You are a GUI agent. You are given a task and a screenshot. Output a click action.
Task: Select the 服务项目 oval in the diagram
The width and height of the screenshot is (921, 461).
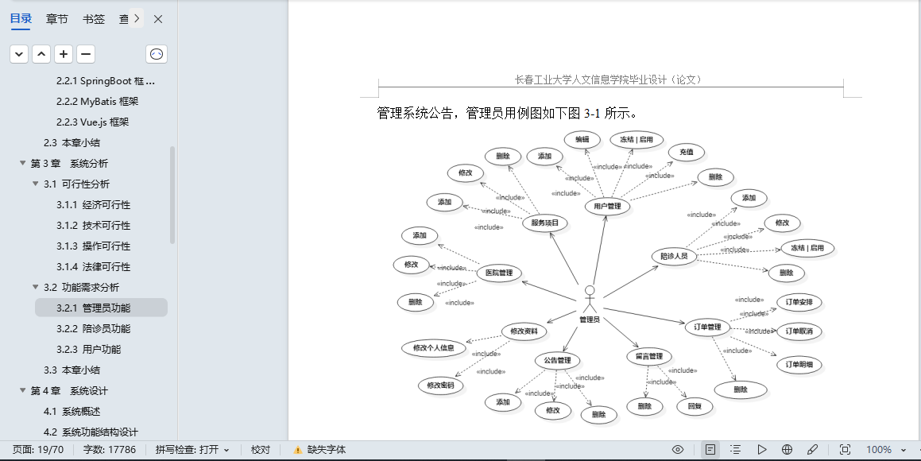coord(545,223)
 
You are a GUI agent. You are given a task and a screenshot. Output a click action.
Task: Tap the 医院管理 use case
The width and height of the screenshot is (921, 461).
coord(499,273)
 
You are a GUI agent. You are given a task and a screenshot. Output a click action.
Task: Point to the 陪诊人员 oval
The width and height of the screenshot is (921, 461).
coord(674,256)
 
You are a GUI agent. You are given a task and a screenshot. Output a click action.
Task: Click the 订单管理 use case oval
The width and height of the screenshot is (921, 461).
coord(707,327)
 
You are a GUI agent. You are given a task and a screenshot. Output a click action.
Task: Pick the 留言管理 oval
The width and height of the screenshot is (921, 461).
coord(649,356)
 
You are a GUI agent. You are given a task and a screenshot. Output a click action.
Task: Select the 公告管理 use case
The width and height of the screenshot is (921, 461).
coord(557,361)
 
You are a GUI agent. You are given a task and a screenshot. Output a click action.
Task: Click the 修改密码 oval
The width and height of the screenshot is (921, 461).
coord(440,385)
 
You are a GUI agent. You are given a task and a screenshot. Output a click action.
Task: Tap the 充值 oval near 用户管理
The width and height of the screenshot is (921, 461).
coord(686,152)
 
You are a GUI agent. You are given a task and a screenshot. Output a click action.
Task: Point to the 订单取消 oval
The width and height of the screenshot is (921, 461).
coord(799,331)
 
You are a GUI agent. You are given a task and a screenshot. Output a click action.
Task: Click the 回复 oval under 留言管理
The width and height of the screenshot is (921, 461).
coord(695,406)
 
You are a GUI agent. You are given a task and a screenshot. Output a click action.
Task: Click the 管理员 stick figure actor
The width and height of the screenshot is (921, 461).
coord(589,298)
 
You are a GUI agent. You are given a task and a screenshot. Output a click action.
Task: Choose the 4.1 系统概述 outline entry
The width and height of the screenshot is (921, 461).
coord(72,411)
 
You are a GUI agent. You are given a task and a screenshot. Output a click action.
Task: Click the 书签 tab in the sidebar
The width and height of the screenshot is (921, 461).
coord(94,19)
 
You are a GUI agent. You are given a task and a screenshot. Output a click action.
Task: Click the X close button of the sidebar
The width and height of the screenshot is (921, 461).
coord(158,19)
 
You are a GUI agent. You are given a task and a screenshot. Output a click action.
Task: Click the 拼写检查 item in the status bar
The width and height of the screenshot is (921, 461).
coord(192,450)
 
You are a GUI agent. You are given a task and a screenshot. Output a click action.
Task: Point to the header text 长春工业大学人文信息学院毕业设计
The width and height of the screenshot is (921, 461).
coord(608,79)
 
